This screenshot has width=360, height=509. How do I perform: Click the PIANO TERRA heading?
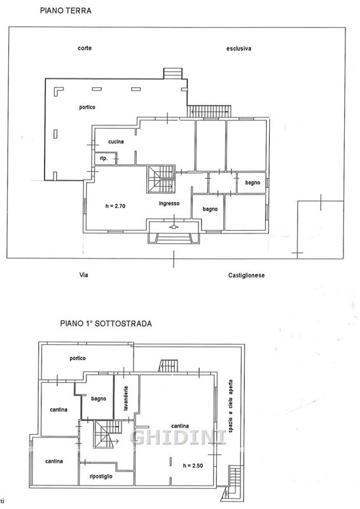tap(66, 11)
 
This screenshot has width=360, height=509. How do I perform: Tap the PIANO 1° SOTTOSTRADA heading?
tap(106, 324)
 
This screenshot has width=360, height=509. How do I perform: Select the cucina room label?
tap(116, 141)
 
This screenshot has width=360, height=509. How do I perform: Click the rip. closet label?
tap(104, 158)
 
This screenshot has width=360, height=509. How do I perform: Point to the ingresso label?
tap(169, 204)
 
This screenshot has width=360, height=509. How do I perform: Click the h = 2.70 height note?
tap(115, 206)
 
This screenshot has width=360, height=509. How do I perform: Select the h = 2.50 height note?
tap(193, 466)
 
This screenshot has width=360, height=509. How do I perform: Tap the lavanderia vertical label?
tap(126, 398)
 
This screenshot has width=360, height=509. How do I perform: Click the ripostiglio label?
tap(101, 476)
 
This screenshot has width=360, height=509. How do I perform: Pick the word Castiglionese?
tap(246, 275)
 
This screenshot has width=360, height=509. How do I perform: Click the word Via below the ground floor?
tap(84, 275)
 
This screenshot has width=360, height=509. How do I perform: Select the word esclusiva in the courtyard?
tap(239, 49)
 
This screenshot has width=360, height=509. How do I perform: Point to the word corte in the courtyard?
tap(85, 48)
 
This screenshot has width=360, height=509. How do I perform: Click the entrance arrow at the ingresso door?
tap(174, 227)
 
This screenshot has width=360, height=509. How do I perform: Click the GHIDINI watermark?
tap(178, 437)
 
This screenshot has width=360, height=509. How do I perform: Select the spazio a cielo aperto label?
tap(230, 406)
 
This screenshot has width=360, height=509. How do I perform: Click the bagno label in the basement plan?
tap(99, 399)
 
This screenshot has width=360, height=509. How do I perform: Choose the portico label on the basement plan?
tap(78, 358)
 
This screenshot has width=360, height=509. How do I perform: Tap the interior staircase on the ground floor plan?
tap(162, 179)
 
